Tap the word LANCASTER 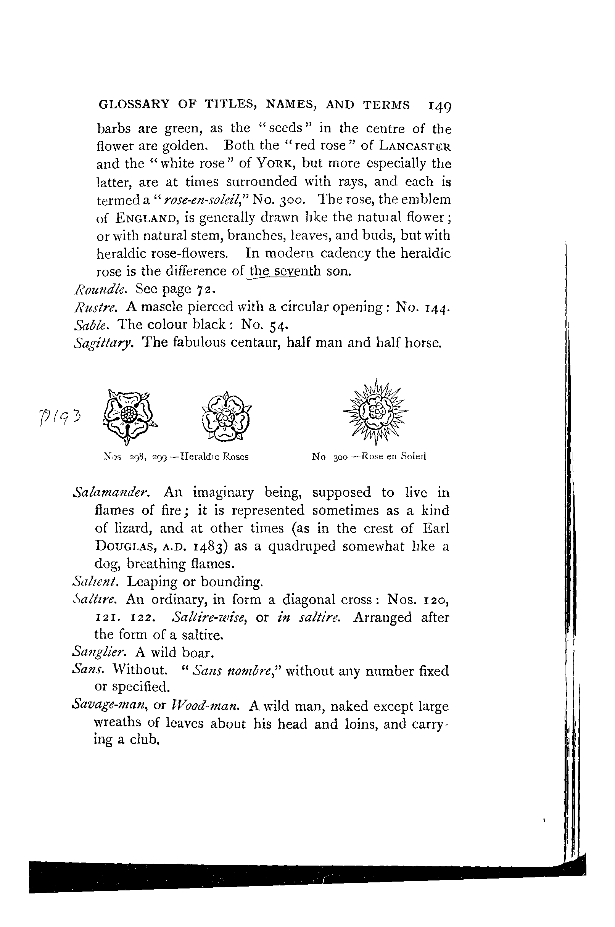(x=415, y=146)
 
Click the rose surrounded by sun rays (x=375, y=412)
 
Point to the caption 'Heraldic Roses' (x=214, y=457)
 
